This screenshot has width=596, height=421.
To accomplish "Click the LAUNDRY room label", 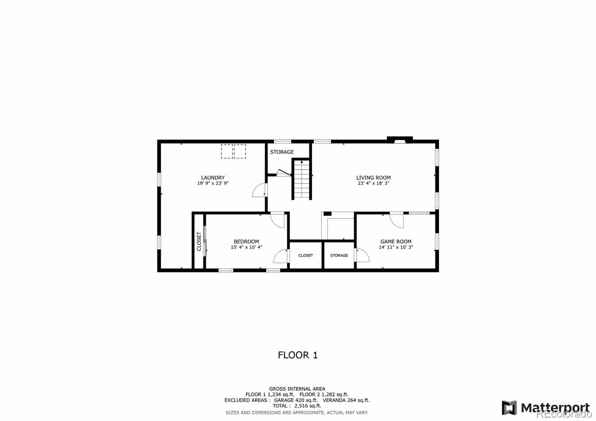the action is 213,177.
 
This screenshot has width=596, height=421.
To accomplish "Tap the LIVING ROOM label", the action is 374,177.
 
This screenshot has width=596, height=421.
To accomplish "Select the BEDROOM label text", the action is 246,242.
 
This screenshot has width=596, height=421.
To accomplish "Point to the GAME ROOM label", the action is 396,242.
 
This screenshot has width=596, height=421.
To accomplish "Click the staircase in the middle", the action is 302,179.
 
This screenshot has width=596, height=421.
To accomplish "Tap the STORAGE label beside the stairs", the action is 282,152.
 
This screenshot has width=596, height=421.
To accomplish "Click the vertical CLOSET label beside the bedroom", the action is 199,241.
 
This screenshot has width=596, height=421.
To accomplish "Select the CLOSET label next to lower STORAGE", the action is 305,256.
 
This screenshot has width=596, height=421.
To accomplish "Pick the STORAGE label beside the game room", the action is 339,256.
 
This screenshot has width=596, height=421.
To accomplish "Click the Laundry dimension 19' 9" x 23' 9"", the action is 213,183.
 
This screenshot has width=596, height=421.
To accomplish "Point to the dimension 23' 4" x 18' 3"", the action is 374,183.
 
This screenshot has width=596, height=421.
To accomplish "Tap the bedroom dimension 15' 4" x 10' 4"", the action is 246,247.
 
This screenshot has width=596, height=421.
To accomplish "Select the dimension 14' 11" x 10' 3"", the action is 396,247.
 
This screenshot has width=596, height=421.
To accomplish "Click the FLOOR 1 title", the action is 298,355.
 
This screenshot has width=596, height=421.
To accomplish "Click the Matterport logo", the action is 545,408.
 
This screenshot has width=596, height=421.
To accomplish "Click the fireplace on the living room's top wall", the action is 400,140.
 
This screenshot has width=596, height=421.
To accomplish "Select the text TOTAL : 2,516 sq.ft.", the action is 297,406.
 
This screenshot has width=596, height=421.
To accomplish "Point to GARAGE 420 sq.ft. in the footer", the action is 296,400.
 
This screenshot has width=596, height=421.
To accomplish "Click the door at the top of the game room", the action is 397,220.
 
